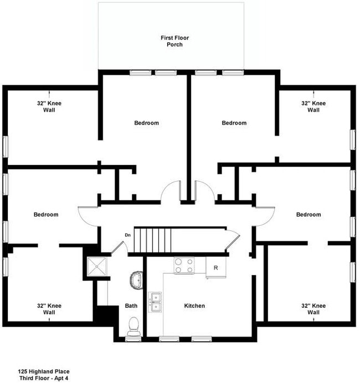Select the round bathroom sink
pos(136,280)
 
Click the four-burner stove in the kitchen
pos(184,266)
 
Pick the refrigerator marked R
pos(215,268)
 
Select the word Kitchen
pos(194,306)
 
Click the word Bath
pos(131,306)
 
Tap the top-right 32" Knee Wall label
pos(313,106)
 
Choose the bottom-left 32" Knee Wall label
pos(49,309)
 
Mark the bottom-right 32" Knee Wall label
pos(313,309)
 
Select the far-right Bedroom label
pos(308,214)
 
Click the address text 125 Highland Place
pos(43,371)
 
